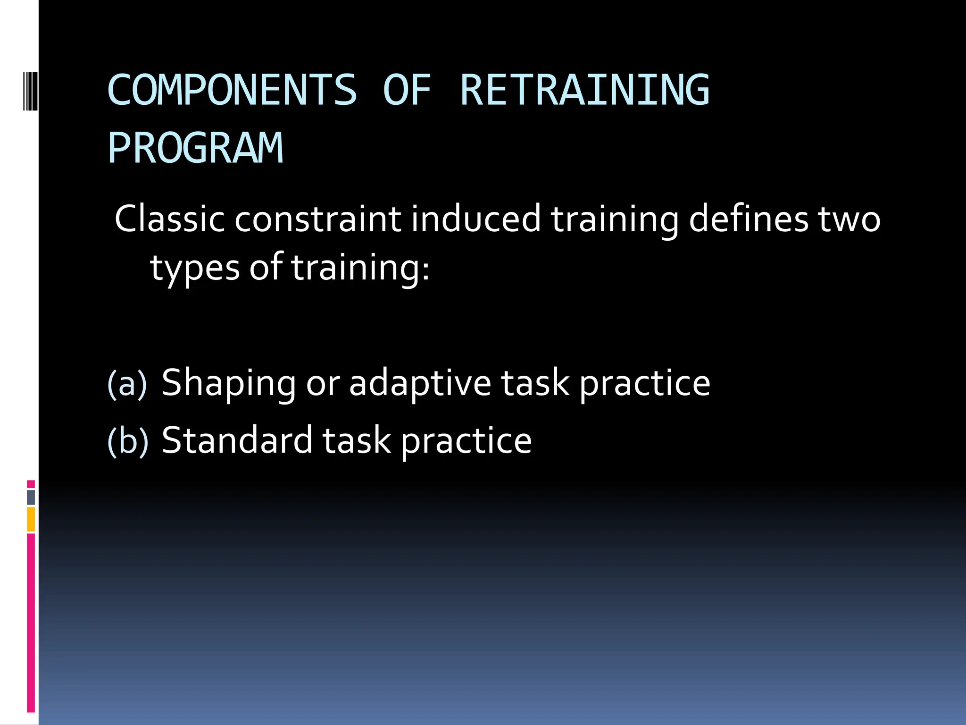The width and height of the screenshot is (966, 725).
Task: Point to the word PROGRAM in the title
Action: point(195,148)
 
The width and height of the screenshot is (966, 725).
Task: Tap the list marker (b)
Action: point(128,441)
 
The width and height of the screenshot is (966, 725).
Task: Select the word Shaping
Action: point(229,383)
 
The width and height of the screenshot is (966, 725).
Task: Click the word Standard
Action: point(237,440)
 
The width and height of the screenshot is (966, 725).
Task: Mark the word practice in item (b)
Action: point(466,441)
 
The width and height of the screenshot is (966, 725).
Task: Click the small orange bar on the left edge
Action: point(31,519)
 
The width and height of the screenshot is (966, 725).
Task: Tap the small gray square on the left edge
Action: point(31,497)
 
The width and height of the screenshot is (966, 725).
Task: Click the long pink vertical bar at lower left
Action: point(31,623)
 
